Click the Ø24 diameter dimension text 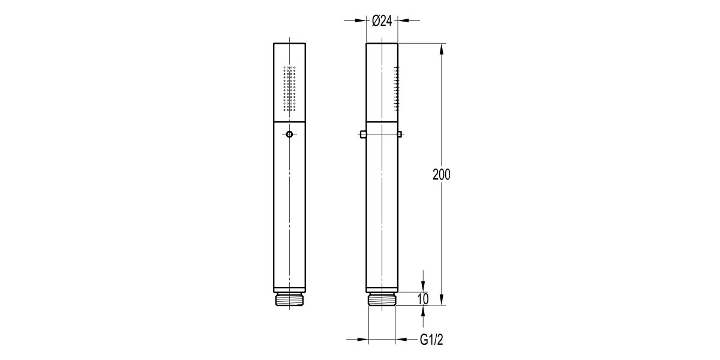(x=382, y=20)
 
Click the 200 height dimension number (x=441, y=175)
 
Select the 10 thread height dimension (x=424, y=299)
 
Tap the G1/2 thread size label (x=431, y=340)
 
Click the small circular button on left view (x=290, y=134)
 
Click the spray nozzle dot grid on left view (x=290, y=88)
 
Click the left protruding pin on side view (x=363, y=134)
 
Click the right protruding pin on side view (x=400, y=134)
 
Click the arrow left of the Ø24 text (x=359, y=20)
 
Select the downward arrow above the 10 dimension (x=424, y=286)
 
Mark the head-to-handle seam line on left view (x=290, y=122)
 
